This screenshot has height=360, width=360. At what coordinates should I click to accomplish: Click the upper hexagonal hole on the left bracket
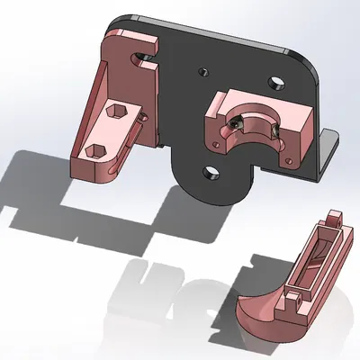point(116,111)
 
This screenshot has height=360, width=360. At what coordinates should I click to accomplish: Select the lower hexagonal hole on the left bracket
point(96,148)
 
